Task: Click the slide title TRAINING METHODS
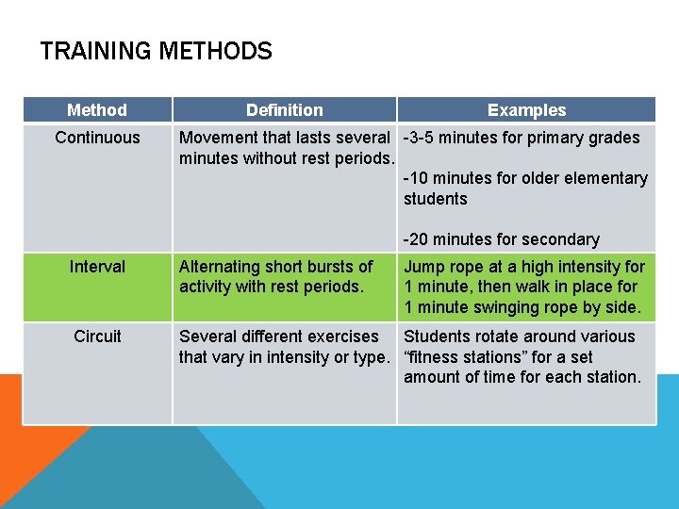click(156, 51)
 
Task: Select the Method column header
click(97, 110)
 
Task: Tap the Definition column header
click(284, 110)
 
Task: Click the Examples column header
click(526, 110)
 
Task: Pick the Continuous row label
click(97, 138)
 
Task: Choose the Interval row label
click(97, 267)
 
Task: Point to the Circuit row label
click(97, 337)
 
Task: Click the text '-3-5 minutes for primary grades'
click(522, 138)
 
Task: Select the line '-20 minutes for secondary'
click(501, 239)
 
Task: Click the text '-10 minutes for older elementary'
click(525, 178)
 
